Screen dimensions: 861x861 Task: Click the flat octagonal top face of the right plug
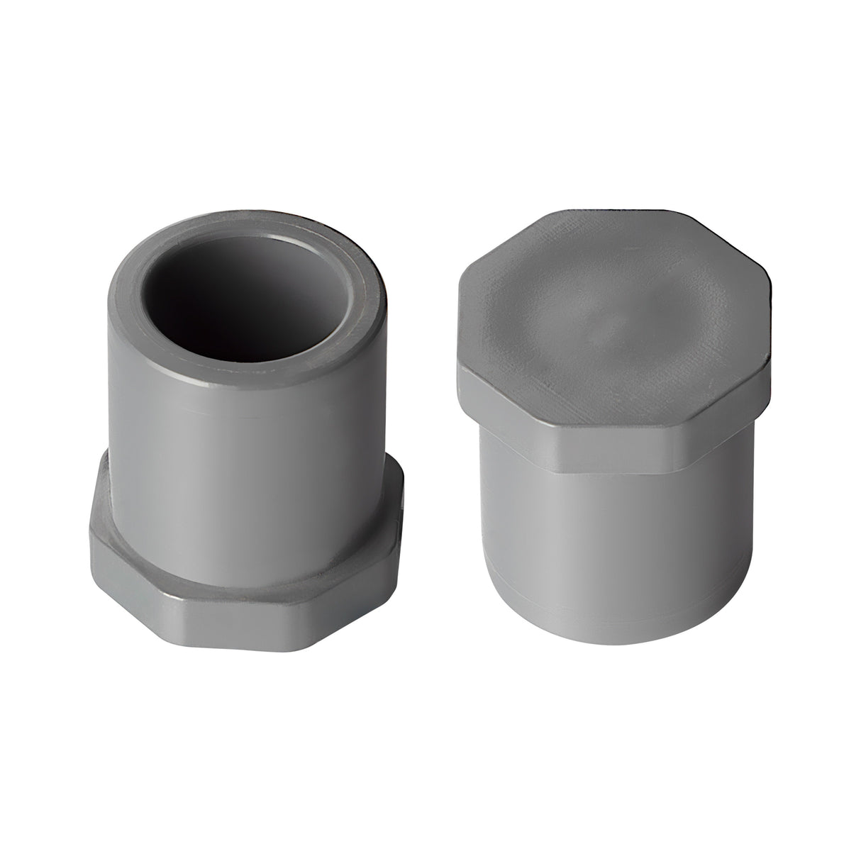pyautogui.click(x=610, y=284)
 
